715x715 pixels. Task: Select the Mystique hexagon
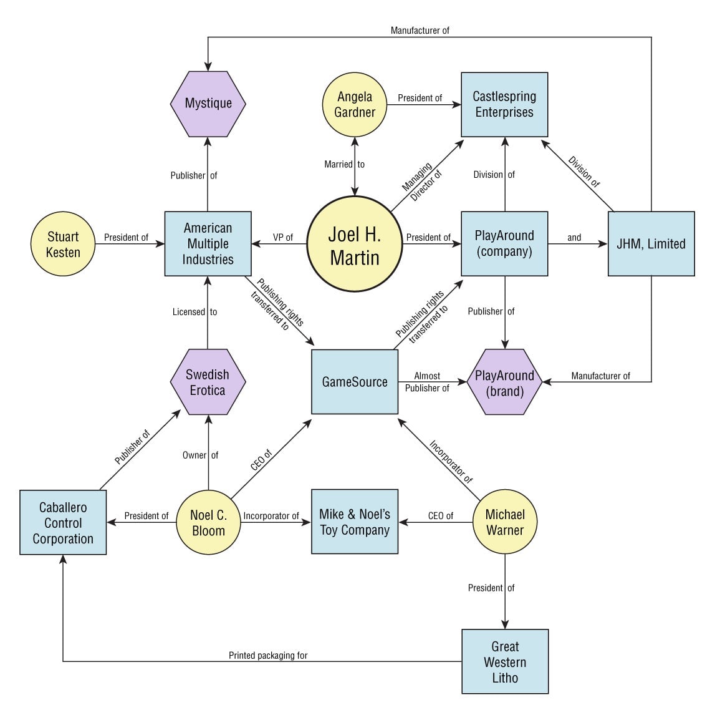[x=208, y=103]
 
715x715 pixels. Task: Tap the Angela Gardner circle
[x=355, y=104]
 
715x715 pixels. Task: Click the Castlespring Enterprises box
[x=504, y=104]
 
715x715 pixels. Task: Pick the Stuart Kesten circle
[x=63, y=244]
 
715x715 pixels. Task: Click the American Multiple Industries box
[x=208, y=244]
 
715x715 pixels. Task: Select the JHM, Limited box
[x=651, y=244]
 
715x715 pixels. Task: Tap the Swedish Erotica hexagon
[x=208, y=382]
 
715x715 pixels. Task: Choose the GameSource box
[x=355, y=382]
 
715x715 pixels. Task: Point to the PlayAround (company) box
[x=504, y=244]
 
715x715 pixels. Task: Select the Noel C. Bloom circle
[x=208, y=522]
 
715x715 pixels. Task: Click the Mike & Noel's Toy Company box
[x=355, y=522]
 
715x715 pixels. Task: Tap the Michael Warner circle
[x=504, y=522]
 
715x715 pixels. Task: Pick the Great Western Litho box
[x=504, y=661]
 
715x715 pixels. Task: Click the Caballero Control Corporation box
[x=63, y=523]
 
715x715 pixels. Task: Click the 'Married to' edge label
[x=344, y=164]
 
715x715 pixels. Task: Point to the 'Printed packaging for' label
[x=268, y=655]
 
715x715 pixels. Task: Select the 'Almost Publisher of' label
[x=427, y=382]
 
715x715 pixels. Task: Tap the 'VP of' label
[x=283, y=237]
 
